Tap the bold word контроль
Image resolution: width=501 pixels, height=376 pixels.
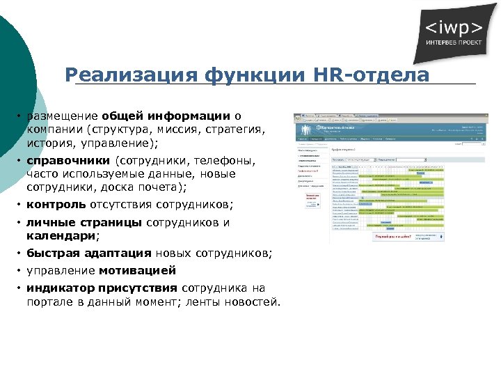pos(56,205)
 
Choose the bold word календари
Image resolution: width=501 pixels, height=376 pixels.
pos(62,236)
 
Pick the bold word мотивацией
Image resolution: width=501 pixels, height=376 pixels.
pos(137,270)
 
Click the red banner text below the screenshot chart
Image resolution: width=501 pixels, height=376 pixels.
pos(391,237)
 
